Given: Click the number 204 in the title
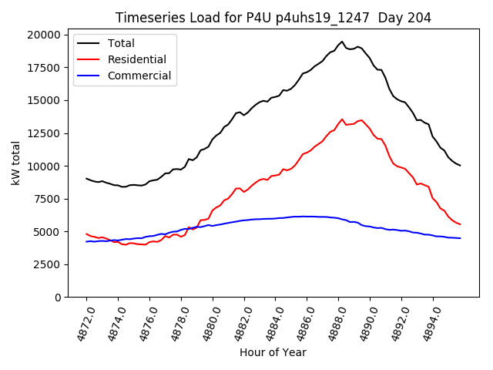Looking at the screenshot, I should [420, 18].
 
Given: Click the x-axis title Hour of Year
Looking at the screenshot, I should [273, 352].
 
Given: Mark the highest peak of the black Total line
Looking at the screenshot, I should [342, 42].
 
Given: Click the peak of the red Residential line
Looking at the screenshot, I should [342, 119].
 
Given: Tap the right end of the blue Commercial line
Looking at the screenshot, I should [460, 238].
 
